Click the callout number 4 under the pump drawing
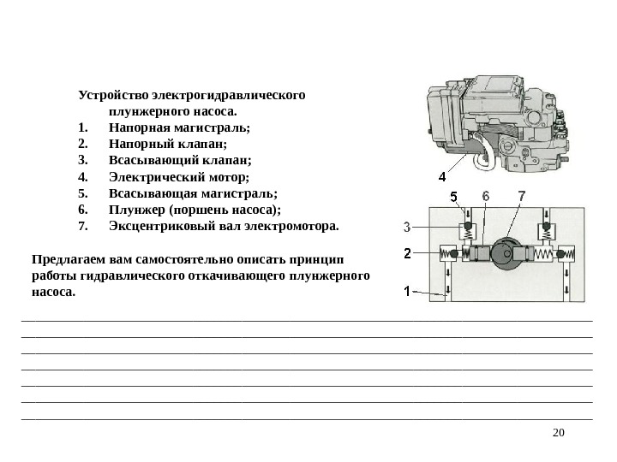click(441, 177)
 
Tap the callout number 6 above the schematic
click(486, 196)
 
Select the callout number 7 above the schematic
click(522, 196)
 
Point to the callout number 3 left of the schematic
click(407, 227)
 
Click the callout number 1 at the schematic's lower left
click(407, 290)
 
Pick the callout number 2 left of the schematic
click(407, 253)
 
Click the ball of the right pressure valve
click(560, 254)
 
